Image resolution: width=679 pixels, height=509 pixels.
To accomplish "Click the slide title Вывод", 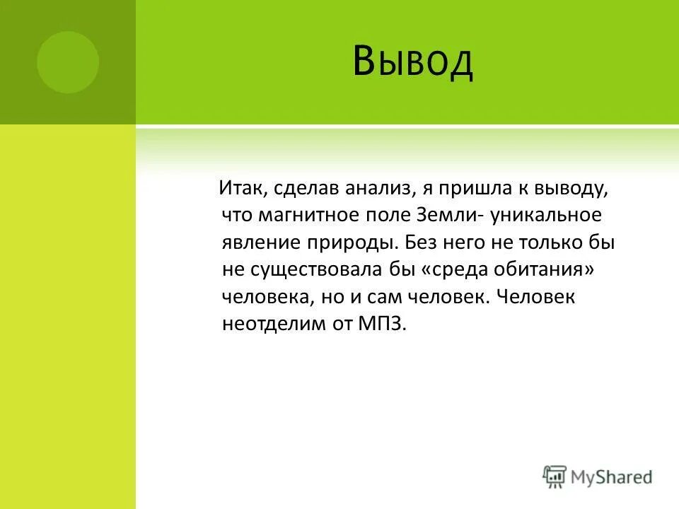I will pos(412,62).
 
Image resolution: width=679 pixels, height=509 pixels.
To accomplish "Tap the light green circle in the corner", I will pos(68,62).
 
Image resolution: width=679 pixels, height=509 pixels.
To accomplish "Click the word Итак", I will pos(241,189).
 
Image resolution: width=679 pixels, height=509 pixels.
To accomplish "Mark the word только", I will pos(552,242).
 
